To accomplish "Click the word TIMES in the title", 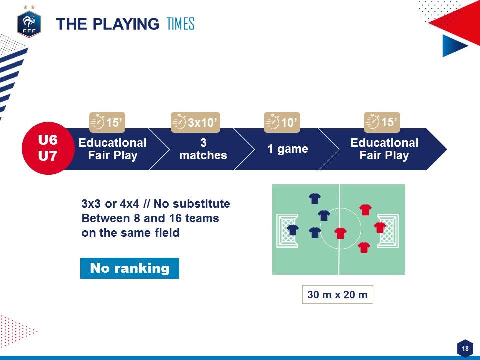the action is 180,24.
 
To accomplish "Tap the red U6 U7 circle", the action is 48,148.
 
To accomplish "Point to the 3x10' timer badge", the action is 195,122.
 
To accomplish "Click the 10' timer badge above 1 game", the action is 282,122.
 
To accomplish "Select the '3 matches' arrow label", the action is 203,149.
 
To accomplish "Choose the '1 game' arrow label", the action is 288,149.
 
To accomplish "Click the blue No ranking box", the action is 130,268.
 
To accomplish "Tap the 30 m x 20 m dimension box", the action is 337,294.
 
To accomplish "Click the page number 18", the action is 465,348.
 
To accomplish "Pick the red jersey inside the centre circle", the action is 340,233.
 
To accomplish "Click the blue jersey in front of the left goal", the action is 292,230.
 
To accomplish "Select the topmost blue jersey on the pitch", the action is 314,198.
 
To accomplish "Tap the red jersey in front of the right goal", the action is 380,228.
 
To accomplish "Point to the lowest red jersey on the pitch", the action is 364,247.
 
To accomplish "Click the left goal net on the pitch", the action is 287,231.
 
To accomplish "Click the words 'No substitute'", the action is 192,204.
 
